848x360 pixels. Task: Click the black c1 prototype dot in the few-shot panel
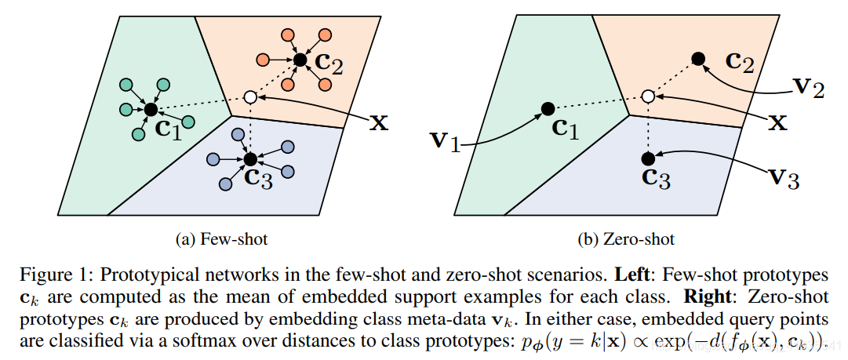click(151, 109)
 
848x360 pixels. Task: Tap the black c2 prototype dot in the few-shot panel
click(299, 59)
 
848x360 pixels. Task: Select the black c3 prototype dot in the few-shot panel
click(250, 159)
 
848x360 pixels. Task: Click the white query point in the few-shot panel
click(250, 97)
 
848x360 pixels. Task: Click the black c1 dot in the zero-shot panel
click(548, 109)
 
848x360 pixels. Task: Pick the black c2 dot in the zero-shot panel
click(697, 59)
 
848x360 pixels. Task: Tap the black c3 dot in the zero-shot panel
click(648, 159)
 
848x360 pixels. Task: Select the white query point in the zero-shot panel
click(648, 97)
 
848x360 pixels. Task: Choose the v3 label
click(782, 180)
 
